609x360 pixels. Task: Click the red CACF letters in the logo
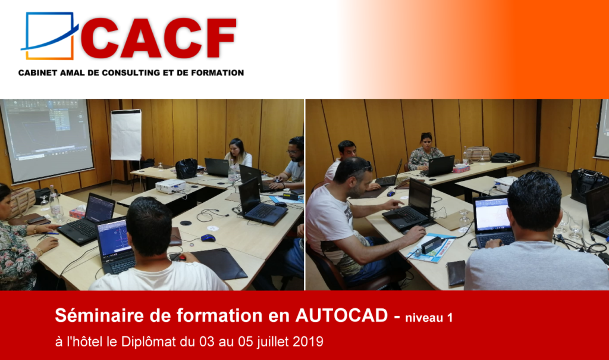[x=158, y=38]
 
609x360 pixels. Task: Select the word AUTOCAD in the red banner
[x=341, y=315]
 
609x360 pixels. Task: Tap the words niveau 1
[x=429, y=318]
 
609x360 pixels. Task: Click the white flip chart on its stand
[x=126, y=135]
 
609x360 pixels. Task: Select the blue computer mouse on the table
[x=208, y=238]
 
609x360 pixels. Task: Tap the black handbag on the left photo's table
[x=186, y=168]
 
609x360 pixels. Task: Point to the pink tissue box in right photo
[x=462, y=169]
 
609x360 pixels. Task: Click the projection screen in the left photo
[x=47, y=140]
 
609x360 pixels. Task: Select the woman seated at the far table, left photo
[x=238, y=154]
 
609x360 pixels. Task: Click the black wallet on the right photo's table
[x=456, y=273]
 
